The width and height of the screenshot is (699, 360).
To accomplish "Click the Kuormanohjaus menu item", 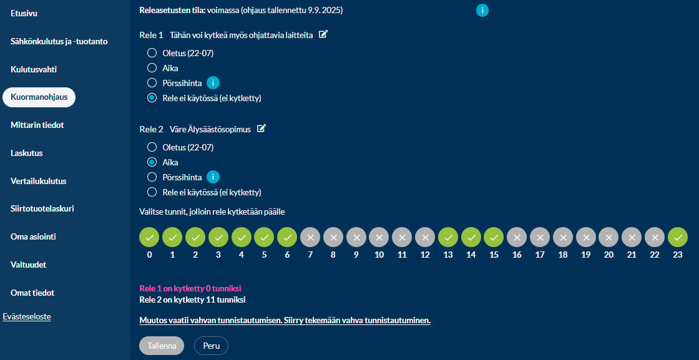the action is (39, 97).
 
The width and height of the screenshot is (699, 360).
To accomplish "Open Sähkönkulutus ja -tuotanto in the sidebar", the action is (59, 41).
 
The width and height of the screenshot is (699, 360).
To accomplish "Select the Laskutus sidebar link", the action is (27, 153).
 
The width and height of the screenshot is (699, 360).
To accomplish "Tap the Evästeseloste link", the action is (27, 317).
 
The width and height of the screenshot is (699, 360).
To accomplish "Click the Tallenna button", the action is (162, 346).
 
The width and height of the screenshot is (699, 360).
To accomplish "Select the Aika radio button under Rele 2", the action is (152, 162).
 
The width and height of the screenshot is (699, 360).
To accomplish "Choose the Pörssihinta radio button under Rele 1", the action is (152, 83).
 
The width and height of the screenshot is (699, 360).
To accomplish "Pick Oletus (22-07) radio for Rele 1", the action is (152, 54).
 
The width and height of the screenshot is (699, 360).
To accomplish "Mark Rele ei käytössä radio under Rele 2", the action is (152, 192).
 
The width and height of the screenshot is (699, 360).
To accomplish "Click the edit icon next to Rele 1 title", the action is (324, 34).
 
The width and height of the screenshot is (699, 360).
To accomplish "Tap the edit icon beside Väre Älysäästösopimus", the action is (262, 129).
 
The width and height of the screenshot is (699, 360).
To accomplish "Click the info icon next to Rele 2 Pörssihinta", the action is (213, 177).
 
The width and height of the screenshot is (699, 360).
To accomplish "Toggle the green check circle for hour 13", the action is (448, 237).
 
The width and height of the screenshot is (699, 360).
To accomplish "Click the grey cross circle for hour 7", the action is (310, 237).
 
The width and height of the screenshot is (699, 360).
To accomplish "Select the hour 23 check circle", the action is (678, 237).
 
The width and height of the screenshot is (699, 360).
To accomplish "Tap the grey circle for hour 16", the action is (517, 237).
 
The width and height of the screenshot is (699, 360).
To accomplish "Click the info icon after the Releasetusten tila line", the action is (482, 10).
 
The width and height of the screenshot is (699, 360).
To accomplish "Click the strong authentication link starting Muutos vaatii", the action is (285, 321).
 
